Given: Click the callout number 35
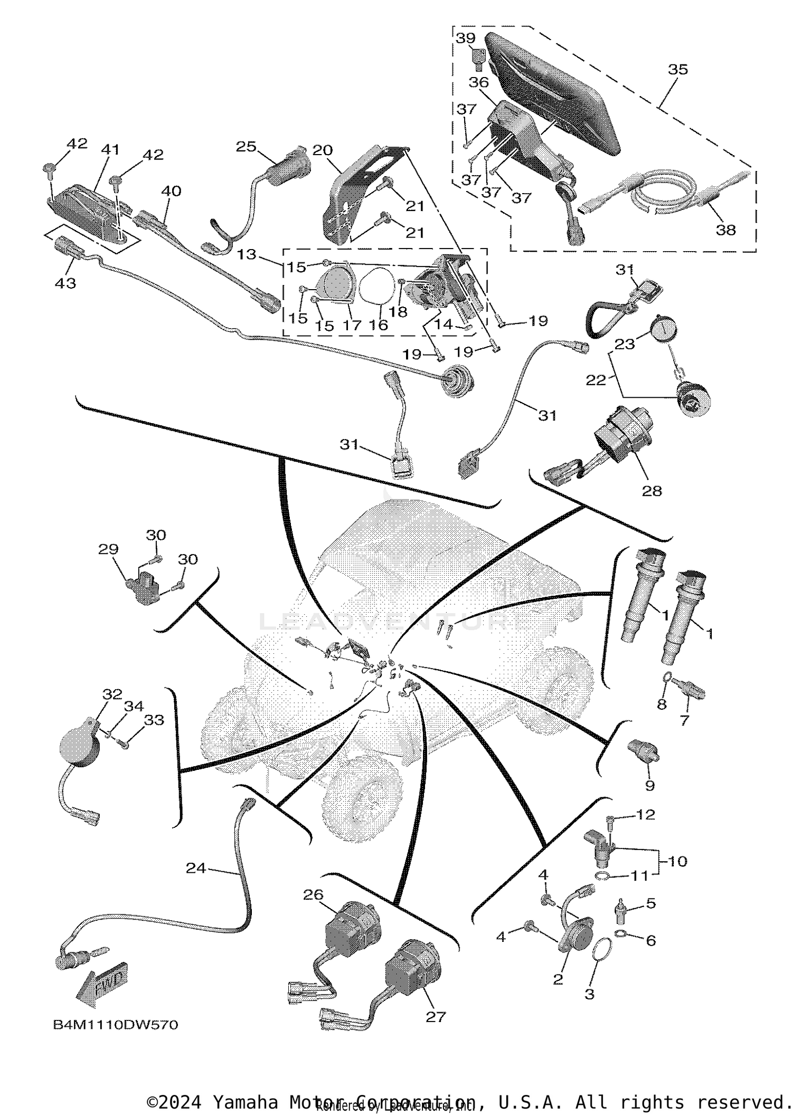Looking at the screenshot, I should pyautogui.click(x=678, y=69).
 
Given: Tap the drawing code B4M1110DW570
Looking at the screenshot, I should pyautogui.click(x=116, y=1025).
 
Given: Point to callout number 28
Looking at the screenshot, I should pyautogui.click(x=652, y=491).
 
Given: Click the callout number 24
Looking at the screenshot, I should pyautogui.click(x=195, y=867).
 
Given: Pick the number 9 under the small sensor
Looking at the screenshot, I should pyautogui.click(x=650, y=786).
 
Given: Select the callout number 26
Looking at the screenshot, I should pyautogui.click(x=313, y=895).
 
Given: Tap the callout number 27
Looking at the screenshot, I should pyautogui.click(x=436, y=1017).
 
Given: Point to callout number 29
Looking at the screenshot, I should pyautogui.click(x=108, y=549).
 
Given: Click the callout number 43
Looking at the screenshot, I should pyautogui.click(x=65, y=283).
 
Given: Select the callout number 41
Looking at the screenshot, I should pyautogui.click(x=110, y=150).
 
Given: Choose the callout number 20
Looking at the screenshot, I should pyautogui.click(x=322, y=150).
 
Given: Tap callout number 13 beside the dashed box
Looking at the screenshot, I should pyautogui.click(x=246, y=254).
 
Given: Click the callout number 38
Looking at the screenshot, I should pyautogui.click(x=725, y=230).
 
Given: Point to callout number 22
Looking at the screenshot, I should pyautogui.click(x=596, y=379).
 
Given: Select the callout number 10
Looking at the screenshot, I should pyautogui.click(x=677, y=861).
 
